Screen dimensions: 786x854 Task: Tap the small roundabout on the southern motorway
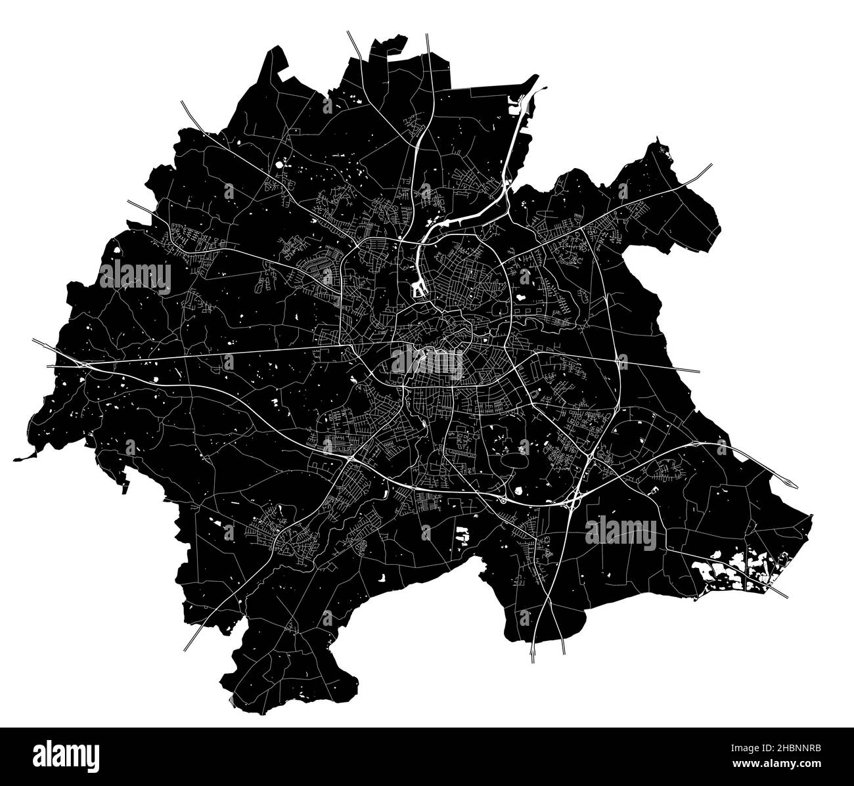[x=503, y=500]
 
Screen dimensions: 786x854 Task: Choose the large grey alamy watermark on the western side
[x=135, y=275]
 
